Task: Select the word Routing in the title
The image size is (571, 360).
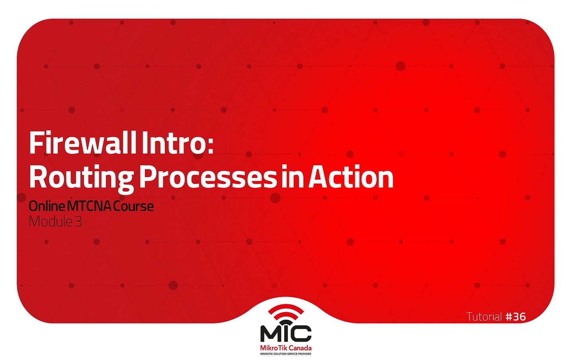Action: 81,178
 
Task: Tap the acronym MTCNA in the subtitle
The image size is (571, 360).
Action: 89,206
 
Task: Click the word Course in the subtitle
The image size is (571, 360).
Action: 133,206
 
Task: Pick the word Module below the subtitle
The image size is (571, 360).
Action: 51,221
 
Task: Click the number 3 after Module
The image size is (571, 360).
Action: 78,221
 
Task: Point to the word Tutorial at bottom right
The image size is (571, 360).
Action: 484,317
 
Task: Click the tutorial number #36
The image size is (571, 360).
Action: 516,317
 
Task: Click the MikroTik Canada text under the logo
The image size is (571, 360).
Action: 285,348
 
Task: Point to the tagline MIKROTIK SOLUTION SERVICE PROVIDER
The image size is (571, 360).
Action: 285,354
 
